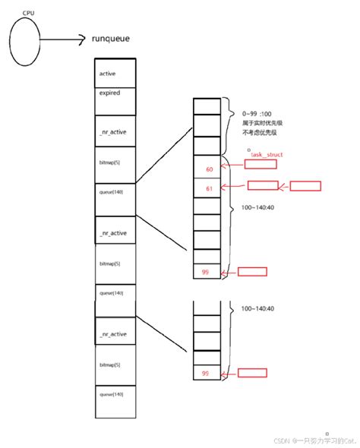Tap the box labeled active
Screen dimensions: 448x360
click(x=115, y=73)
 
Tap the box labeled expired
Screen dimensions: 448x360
click(x=111, y=92)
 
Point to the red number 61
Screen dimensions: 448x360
click(x=209, y=187)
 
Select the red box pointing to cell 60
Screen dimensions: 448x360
click(x=255, y=162)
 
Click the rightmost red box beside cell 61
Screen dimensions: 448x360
click(x=306, y=185)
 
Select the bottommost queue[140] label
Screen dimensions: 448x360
click(x=111, y=395)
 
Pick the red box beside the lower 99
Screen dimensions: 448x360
click(x=252, y=373)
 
